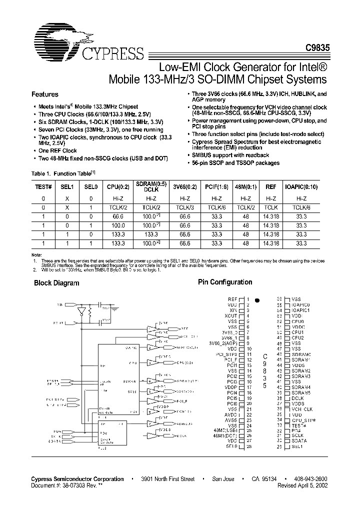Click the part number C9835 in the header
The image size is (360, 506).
[x=317, y=57]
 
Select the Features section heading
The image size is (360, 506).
[x=45, y=94]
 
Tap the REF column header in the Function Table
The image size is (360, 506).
[x=270, y=186]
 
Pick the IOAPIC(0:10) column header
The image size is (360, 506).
[x=301, y=186]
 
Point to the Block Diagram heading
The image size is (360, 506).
[x=56, y=283]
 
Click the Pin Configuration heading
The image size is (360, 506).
[x=225, y=282]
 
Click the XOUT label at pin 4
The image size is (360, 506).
[x=230, y=316]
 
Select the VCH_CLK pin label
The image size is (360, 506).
[x=302, y=409]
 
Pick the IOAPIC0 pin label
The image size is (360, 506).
[x=302, y=304]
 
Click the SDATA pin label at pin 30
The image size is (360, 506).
[x=300, y=440]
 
